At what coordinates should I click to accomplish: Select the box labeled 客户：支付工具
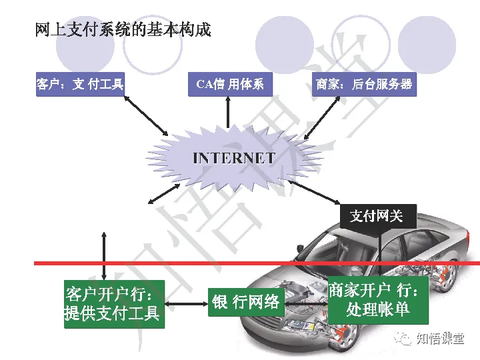click(80, 85)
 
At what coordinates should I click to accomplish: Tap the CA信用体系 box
click(230, 85)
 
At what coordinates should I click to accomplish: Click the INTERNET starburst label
click(233, 158)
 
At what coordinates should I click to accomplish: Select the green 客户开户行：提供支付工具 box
click(113, 303)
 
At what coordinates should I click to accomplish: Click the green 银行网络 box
click(246, 302)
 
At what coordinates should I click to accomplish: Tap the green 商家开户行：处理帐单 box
click(377, 301)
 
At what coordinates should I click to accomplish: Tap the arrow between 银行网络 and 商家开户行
click(305, 303)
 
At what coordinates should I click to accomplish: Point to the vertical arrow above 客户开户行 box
click(104, 254)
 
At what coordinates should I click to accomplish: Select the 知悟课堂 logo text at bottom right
click(439, 339)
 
